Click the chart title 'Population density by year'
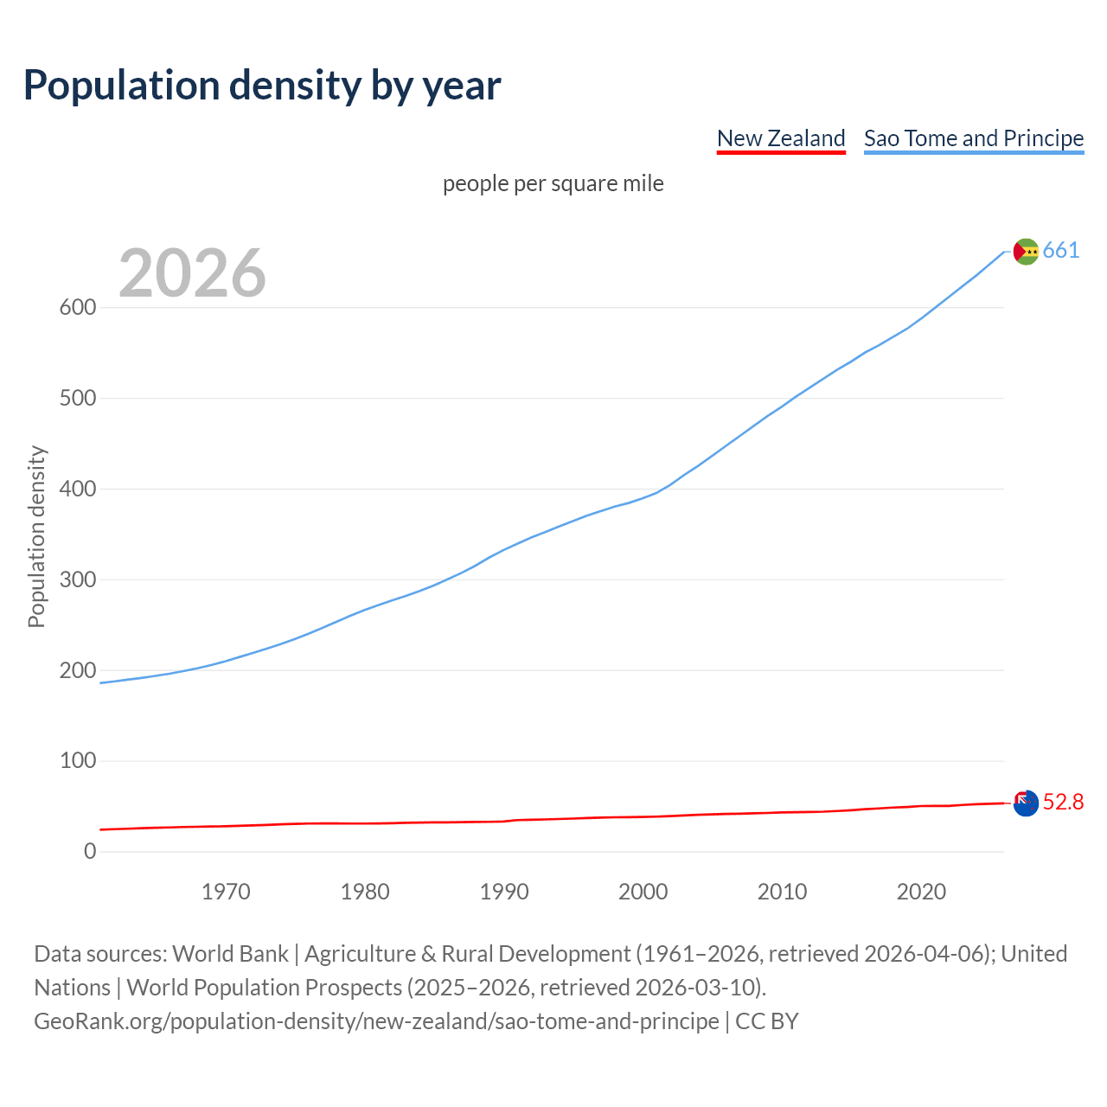[x=262, y=85]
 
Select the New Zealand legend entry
[x=781, y=138]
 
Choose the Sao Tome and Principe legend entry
[x=973, y=138]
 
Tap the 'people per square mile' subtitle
[x=553, y=183]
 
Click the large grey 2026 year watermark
[x=192, y=273]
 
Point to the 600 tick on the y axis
[x=78, y=308]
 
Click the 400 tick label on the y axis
[x=78, y=490]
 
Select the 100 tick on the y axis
[x=78, y=761]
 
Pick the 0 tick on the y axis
[x=90, y=852]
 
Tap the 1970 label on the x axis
[x=226, y=892]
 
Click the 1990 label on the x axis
[x=504, y=892]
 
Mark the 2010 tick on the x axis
[x=782, y=892]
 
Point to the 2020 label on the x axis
[x=921, y=892]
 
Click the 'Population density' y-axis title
[x=36, y=536]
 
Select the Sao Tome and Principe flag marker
[x=1026, y=251]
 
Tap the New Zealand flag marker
[x=1026, y=803]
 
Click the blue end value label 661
[x=1061, y=251]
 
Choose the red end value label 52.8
[x=1063, y=803]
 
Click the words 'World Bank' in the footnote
[x=230, y=954]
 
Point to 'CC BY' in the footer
[x=766, y=1021]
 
